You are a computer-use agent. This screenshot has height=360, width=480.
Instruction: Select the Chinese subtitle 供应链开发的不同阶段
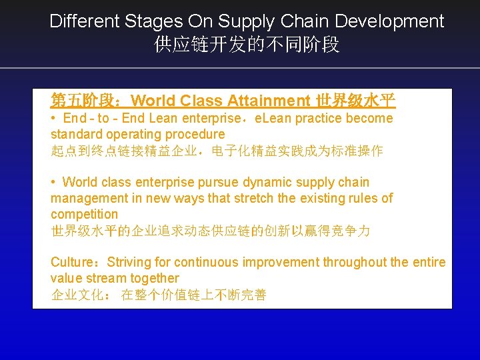(247, 45)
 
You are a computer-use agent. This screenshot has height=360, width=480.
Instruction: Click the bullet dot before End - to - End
(53, 118)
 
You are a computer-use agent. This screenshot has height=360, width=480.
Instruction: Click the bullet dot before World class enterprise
(53, 182)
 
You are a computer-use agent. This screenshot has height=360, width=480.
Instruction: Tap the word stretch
(250, 198)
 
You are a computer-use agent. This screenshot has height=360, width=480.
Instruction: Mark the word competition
(84, 214)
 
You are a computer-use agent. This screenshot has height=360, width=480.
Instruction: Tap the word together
(155, 278)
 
